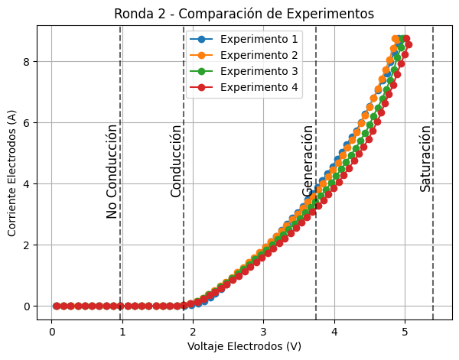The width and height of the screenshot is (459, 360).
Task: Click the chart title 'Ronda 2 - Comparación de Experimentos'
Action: pos(244,14)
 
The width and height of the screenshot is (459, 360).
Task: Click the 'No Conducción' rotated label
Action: pos(112,171)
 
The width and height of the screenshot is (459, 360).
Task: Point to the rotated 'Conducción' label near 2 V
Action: pos(177,161)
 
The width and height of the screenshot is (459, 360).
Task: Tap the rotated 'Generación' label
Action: pos(308,161)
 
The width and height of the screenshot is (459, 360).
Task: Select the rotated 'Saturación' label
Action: pos(425,158)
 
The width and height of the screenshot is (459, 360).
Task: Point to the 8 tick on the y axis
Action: pos(25,61)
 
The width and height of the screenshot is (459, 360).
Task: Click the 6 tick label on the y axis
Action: pos(25,122)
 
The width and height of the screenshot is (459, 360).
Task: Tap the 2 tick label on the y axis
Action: pos(25,245)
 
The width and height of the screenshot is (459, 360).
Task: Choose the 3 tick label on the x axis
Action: pos(264,331)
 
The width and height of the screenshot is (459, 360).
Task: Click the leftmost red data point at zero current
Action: pos(56,306)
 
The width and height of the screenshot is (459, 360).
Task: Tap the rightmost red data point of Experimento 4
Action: pos(409,44)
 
